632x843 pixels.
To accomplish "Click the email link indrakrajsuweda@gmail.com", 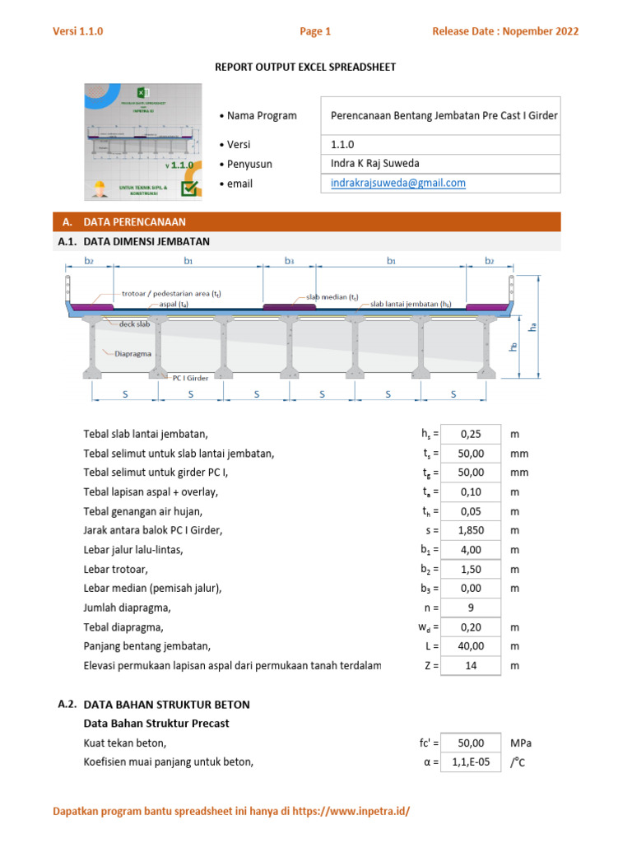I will pyautogui.click(x=398, y=184).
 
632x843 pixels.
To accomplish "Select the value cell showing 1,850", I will pyautogui.click(x=471, y=530).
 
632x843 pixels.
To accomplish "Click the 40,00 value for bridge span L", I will pyautogui.click(x=471, y=646).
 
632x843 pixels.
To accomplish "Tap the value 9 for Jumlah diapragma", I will pyautogui.click(x=471, y=608).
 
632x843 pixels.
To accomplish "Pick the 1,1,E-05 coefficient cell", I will pyautogui.click(x=471, y=761).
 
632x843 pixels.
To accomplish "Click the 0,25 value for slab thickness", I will pyautogui.click(x=471, y=434).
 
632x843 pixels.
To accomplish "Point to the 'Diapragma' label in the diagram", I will pyautogui.click(x=132, y=354).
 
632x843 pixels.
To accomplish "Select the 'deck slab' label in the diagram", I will pyautogui.click(x=134, y=324).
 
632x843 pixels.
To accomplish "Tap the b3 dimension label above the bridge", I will pyautogui.click(x=290, y=261).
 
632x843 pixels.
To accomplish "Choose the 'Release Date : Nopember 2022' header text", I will pyautogui.click(x=505, y=32).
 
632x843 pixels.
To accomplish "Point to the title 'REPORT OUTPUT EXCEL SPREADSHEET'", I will pyautogui.click(x=305, y=67).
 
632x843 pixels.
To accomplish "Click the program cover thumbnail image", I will pyautogui.click(x=142, y=142).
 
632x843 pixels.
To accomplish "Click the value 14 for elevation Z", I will pyautogui.click(x=471, y=665).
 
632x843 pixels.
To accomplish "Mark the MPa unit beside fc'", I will pyautogui.click(x=520, y=743).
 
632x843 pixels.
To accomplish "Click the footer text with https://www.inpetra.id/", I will pyautogui.click(x=231, y=812).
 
